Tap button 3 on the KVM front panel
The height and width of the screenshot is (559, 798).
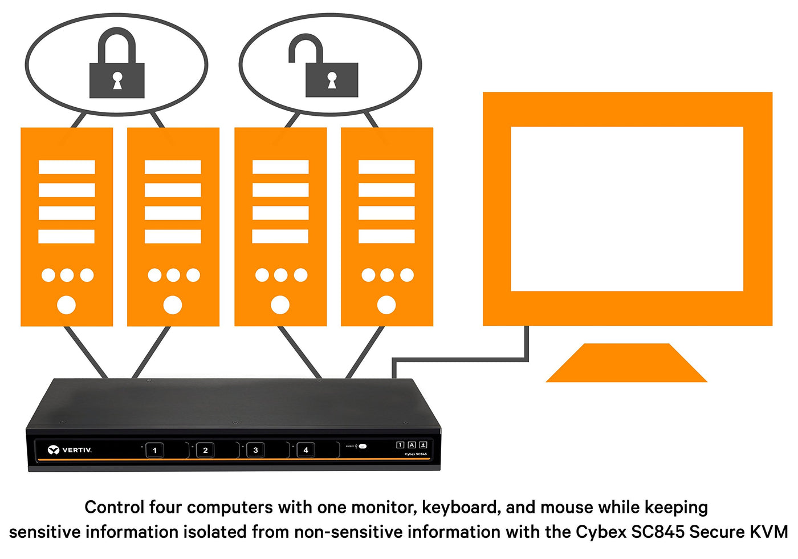click(255, 450)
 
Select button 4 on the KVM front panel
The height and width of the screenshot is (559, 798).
click(306, 450)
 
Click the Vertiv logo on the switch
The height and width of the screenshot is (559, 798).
click(70, 450)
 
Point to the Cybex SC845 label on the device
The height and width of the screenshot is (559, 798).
click(416, 454)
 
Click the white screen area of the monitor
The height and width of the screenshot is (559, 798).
click(627, 208)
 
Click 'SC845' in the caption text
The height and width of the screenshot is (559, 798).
click(658, 532)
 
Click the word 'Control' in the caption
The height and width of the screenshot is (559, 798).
click(115, 507)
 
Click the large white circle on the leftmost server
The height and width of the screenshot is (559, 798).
click(67, 305)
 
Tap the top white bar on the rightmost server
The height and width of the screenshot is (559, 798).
click(386, 167)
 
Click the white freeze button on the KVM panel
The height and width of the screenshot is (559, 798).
click(363, 446)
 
